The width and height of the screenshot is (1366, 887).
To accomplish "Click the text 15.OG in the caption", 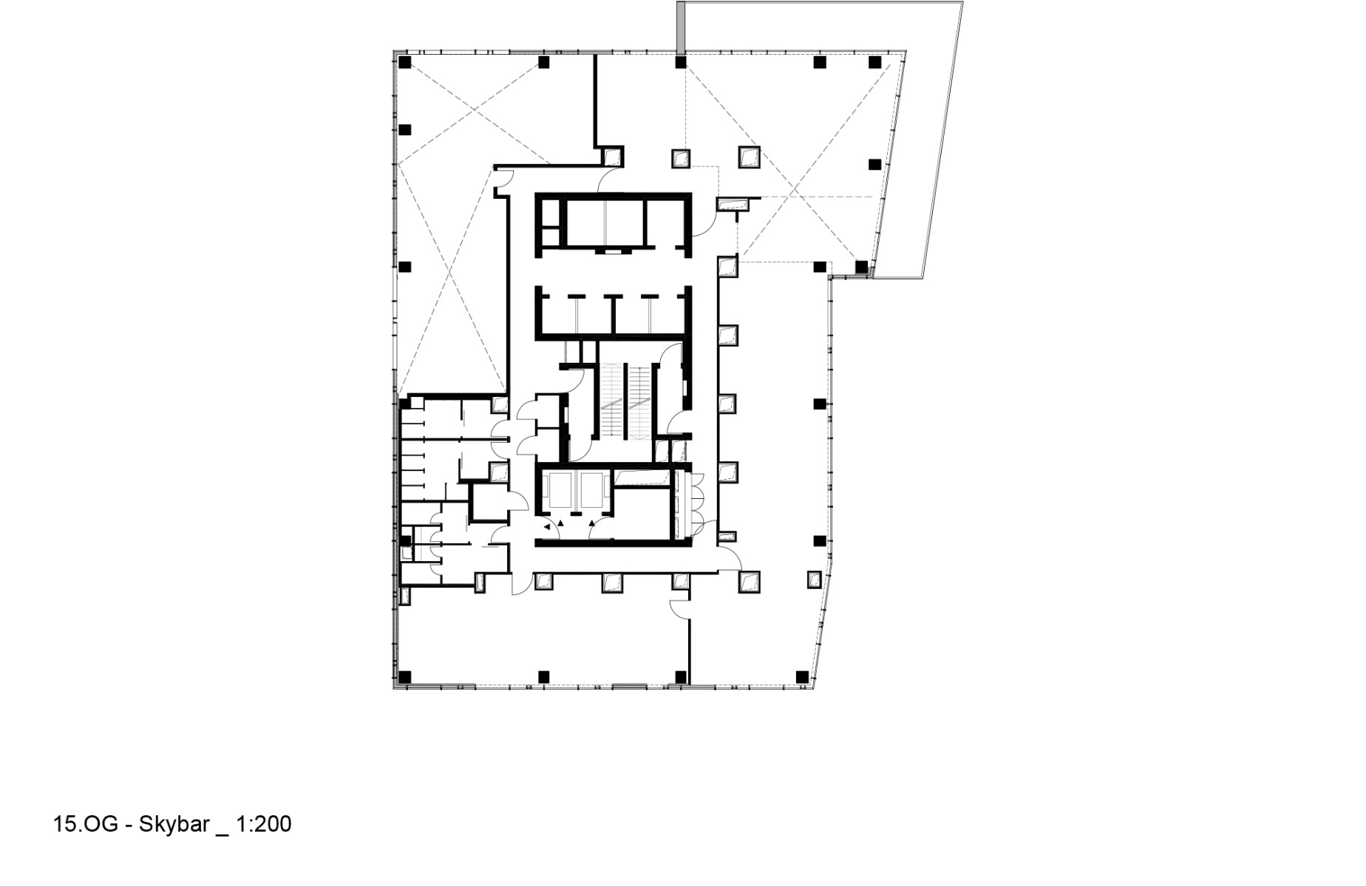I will click(85, 823).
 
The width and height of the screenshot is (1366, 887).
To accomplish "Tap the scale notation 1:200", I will click(264, 823).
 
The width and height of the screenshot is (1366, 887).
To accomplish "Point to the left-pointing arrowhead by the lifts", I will click(547, 527).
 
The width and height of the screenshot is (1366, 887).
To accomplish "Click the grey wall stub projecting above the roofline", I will click(681, 27).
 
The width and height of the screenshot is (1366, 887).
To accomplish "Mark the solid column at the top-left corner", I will click(404, 63).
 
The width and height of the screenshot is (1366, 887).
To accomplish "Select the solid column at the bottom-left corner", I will click(404, 676).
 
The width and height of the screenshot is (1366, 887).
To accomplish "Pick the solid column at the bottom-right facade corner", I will click(803, 676).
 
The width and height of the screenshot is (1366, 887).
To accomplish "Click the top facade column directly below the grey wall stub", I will click(681, 62).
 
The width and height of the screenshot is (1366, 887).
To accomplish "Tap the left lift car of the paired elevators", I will click(556, 492).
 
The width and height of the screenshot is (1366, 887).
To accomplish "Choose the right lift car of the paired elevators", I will click(592, 492).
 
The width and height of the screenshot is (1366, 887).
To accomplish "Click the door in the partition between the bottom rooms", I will click(682, 608).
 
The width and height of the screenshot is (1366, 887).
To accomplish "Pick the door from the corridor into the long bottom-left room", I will click(521, 584).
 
